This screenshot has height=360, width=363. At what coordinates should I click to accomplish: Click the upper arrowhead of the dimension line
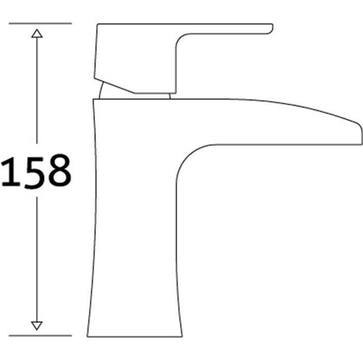(37, 34)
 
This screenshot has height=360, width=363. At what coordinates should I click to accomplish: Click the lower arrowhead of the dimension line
(37, 325)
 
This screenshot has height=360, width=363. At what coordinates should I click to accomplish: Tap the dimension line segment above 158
(37, 92)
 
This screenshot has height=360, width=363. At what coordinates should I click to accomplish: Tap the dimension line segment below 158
(37, 254)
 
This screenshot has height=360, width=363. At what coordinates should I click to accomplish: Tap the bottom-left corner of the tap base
(88, 336)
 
